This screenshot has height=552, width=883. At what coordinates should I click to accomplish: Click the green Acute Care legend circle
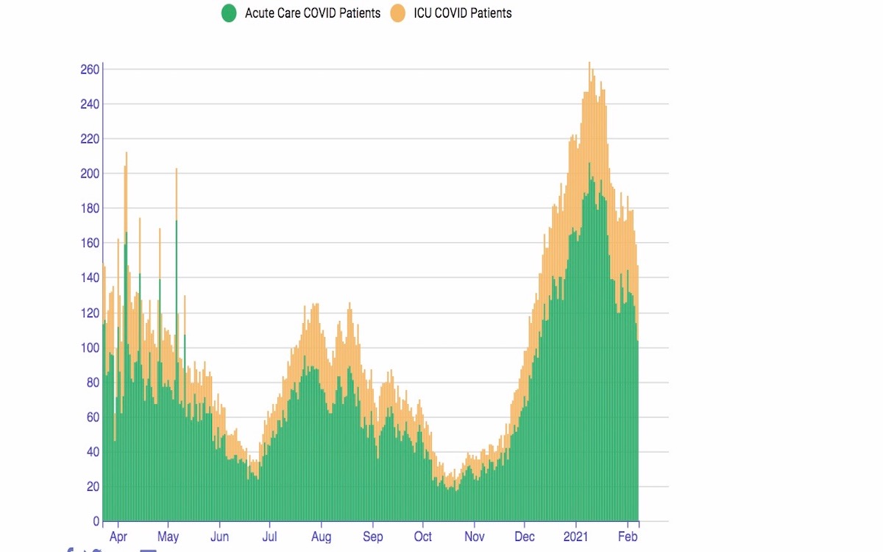coord(229,13)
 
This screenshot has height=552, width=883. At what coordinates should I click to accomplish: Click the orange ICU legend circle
coord(398,13)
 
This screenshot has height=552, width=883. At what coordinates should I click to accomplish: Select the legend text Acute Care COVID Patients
coord(313,13)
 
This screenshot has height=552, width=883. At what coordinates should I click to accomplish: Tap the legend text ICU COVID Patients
coord(463,13)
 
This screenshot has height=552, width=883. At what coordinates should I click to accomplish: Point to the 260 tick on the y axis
coord(90,69)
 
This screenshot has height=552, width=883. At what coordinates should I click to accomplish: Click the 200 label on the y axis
coord(90,174)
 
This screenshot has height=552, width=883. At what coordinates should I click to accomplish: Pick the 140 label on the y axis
coord(90,277)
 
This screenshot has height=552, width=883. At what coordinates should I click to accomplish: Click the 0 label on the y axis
coord(96,521)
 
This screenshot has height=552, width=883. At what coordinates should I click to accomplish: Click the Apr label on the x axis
coord(118,537)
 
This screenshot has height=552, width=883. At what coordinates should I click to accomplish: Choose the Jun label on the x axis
coord(219,537)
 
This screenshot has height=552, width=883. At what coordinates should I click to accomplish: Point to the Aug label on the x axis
coord(321,537)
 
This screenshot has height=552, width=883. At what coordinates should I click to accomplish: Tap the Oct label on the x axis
coord(423,537)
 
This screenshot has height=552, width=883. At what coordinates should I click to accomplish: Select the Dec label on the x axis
coord(525,537)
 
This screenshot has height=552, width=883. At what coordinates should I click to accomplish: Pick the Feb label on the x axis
coord(628,537)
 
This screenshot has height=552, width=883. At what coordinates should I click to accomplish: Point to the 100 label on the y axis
coord(90,347)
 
